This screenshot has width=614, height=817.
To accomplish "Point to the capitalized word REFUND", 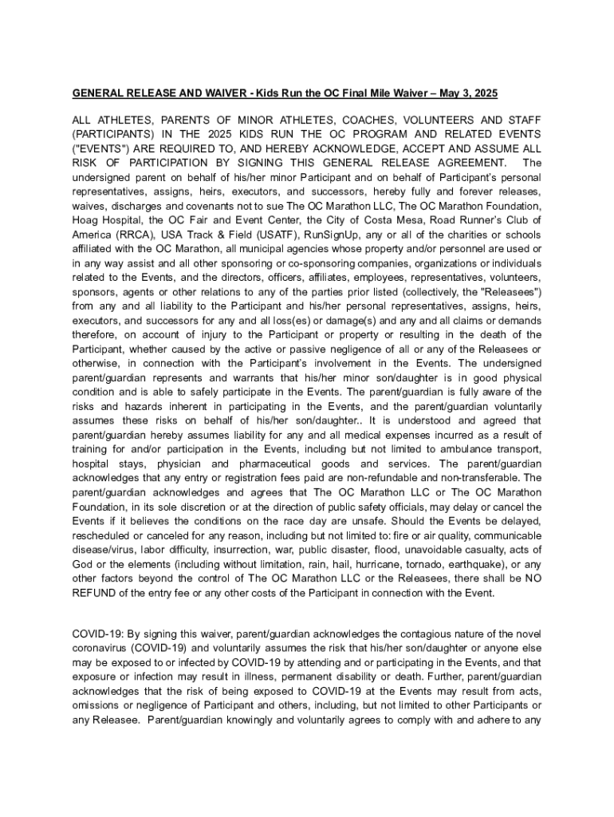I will pyautogui.click(x=95, y=593).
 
